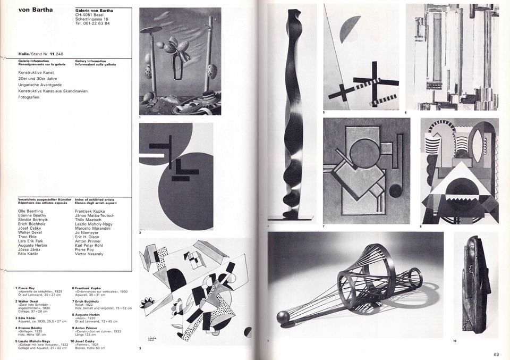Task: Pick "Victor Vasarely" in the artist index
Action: [89, 254]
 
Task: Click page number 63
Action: [496, 354]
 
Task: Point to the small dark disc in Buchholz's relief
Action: [395, 190]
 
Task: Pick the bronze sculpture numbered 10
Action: [474, 284]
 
